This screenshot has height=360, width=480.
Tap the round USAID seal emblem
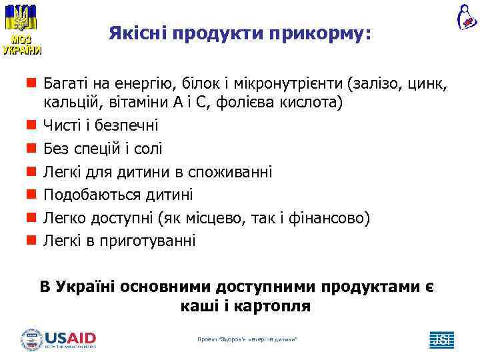[32, 339]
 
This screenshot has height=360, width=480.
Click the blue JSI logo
[441, 339]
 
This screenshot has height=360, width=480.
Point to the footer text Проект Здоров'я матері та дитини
[247, 339]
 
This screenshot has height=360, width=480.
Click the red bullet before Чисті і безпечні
[31, 125]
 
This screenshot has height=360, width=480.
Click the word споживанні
[232, 172]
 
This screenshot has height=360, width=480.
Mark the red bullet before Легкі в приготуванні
[31, 241]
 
